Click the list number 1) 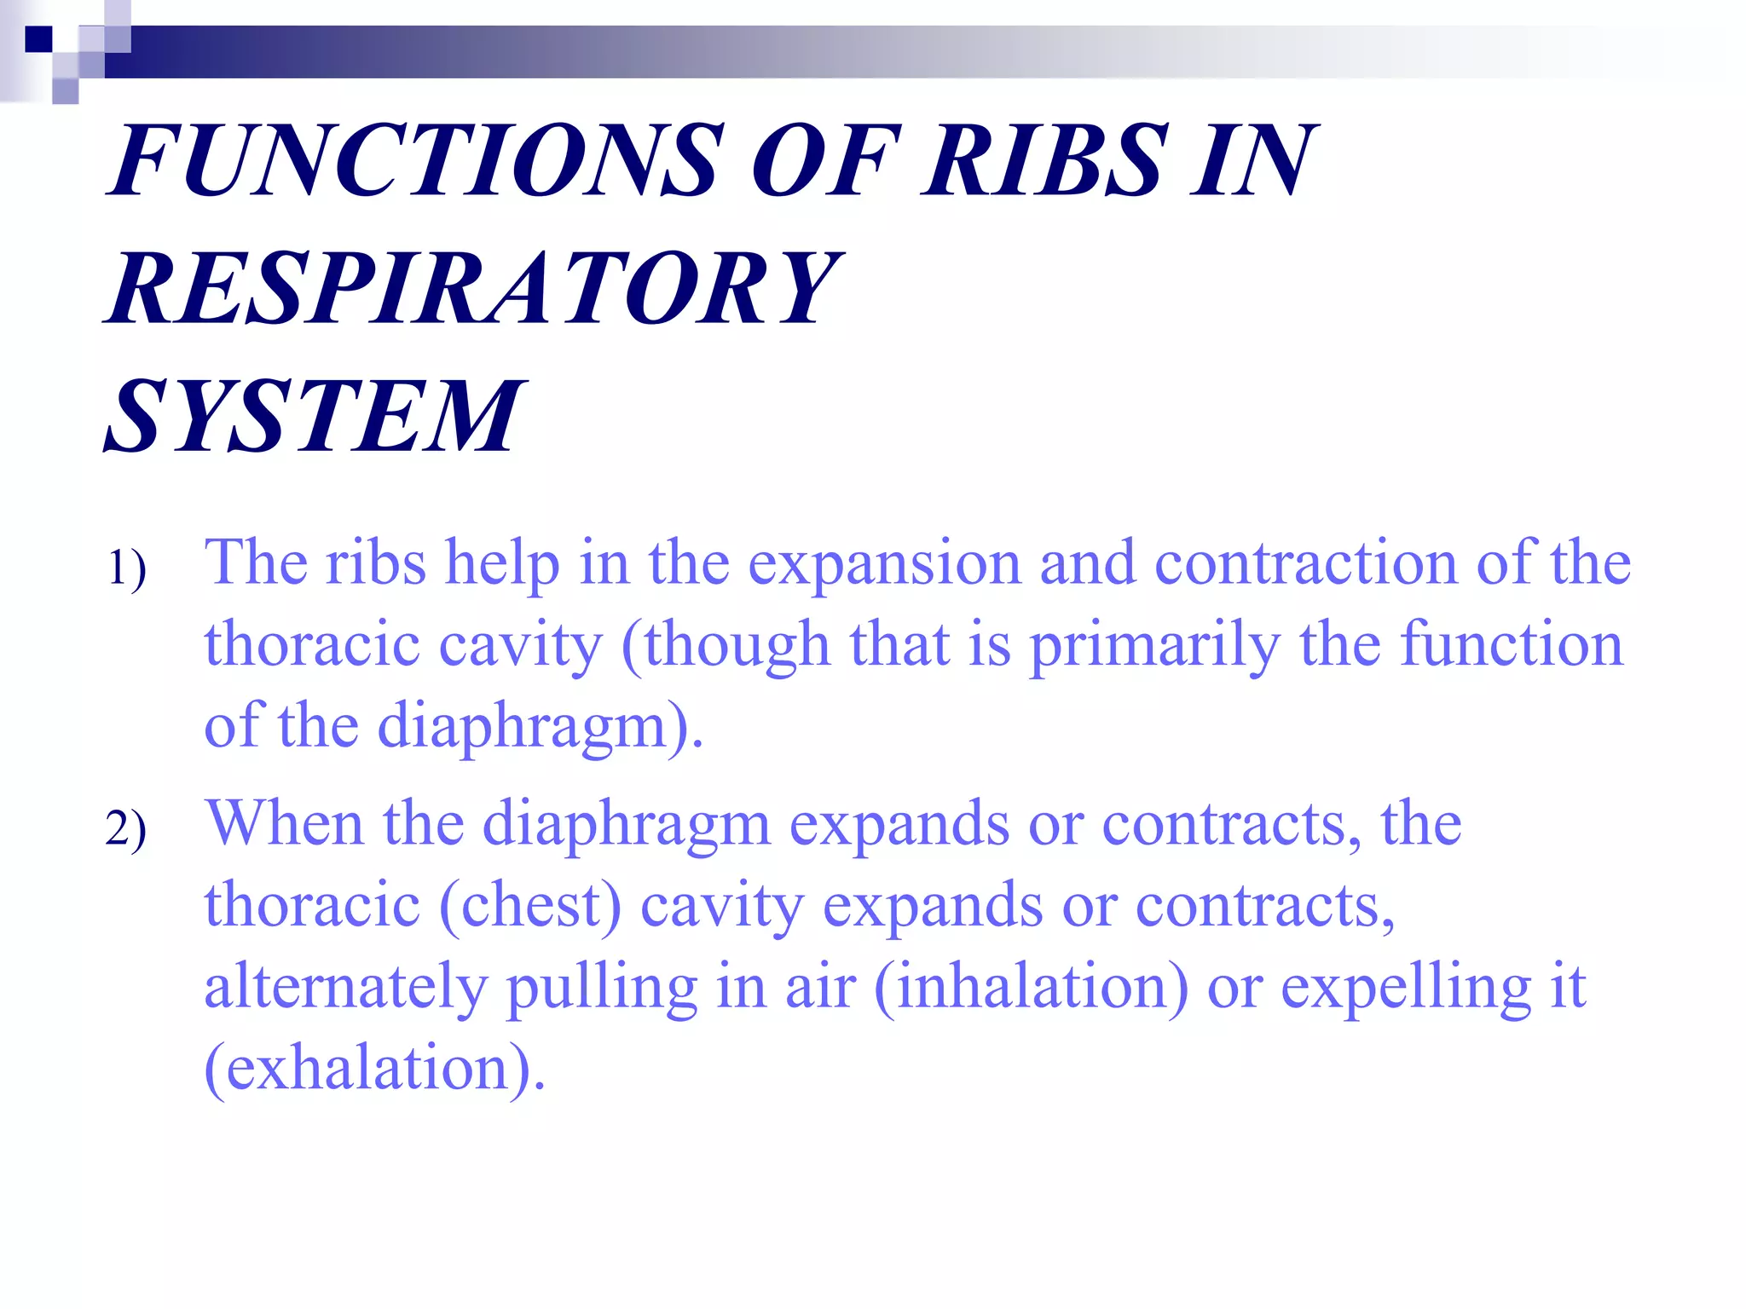click(126, 568)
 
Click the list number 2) click(126, 828)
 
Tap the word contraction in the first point click(1305, 564)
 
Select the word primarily click(1155, 645)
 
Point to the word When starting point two click(285, 824)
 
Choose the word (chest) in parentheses click(530, 905)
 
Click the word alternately click(345, 986)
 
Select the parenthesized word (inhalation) click(1031, 986)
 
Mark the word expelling click(1406, 986)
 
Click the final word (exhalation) click(374, 1068)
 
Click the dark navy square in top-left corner click(38, 39)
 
